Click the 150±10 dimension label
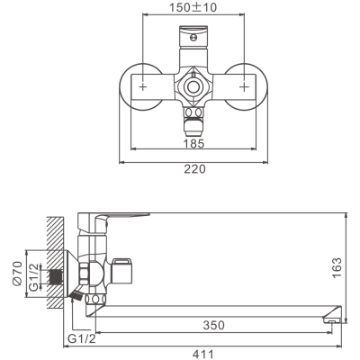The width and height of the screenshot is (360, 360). [x=193, y=7]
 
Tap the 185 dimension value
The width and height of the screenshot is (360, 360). [x=193, y=143]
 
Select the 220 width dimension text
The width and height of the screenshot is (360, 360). [x=194, y=169]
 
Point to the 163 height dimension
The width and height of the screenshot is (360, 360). [x=337, y=268]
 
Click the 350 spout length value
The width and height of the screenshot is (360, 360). [x=213, y=325]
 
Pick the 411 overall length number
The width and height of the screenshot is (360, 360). [x=203, y=354]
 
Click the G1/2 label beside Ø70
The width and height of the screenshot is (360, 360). [x=34, y=276]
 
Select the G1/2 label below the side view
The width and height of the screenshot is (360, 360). [x=82, y=338]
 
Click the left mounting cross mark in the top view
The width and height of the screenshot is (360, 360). [x=143, y=87]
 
